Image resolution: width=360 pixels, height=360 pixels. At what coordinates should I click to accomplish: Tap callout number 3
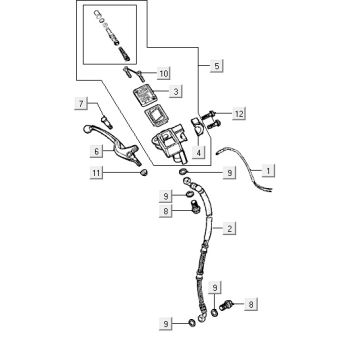coord(175,92)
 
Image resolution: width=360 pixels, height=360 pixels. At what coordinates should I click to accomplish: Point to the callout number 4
coord(200,152)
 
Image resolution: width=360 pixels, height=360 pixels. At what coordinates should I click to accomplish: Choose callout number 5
coord(217,66)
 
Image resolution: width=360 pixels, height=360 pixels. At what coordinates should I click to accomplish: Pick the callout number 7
coord(85,104)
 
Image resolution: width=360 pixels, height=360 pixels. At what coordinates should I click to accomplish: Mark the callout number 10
coord(164,73)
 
